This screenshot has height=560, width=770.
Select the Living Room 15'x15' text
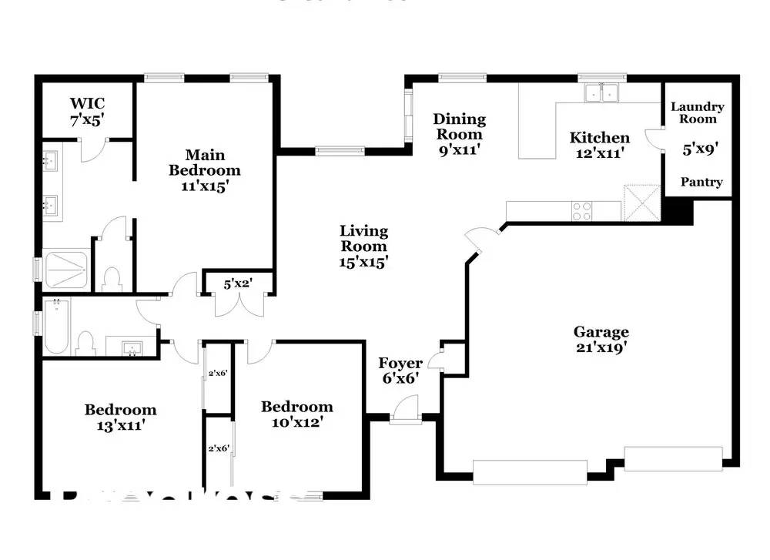point(363,246)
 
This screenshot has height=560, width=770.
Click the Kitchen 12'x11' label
point(599,145)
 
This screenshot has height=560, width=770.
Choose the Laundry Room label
point(697,113)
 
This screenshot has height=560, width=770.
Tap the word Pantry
point(701,182)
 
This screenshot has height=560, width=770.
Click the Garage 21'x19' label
point(601,340)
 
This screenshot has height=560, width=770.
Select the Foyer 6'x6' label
point(400,370)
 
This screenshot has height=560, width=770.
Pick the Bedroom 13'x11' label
point(120,416)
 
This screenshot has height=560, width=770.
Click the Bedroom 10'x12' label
point(296,414)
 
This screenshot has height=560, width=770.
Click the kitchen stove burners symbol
point(581,211)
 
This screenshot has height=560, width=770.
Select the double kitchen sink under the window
point(601,93)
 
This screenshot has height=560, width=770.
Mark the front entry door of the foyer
point(403,410)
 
